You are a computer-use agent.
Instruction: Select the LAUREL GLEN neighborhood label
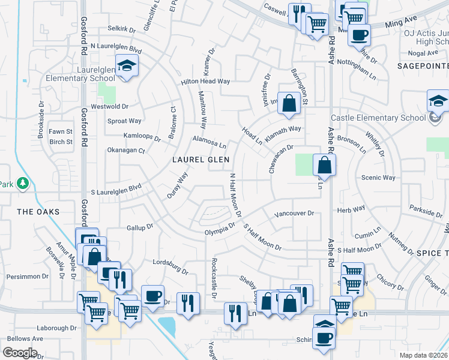[x=200, y=159]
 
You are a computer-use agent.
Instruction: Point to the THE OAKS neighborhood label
[x=38, y=212]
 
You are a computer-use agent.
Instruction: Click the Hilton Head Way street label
[x=206, y=82]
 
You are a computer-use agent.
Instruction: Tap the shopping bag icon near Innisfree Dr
[x=289, y=103]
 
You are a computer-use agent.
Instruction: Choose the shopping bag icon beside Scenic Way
[x=324, y=164]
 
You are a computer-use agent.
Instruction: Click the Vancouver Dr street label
[x=294, y=213]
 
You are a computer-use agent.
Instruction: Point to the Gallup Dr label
[x=140, y=227]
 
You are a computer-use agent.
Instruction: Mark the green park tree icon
[x=23, y=183]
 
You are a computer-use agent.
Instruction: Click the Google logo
[x=20, y=353]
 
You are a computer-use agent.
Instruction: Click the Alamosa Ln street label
[x=209, y=145]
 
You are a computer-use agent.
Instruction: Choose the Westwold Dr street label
[x=109, y=106]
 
